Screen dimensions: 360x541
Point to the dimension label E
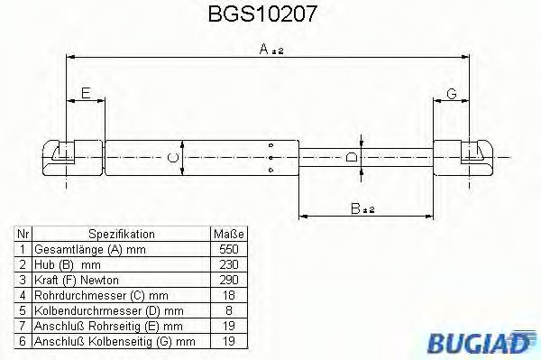tap(86, 93)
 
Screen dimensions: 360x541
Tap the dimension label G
tap(452, 93)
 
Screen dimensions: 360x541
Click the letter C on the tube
tap(175, 157)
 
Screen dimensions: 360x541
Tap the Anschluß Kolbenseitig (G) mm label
tap(114, 341)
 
